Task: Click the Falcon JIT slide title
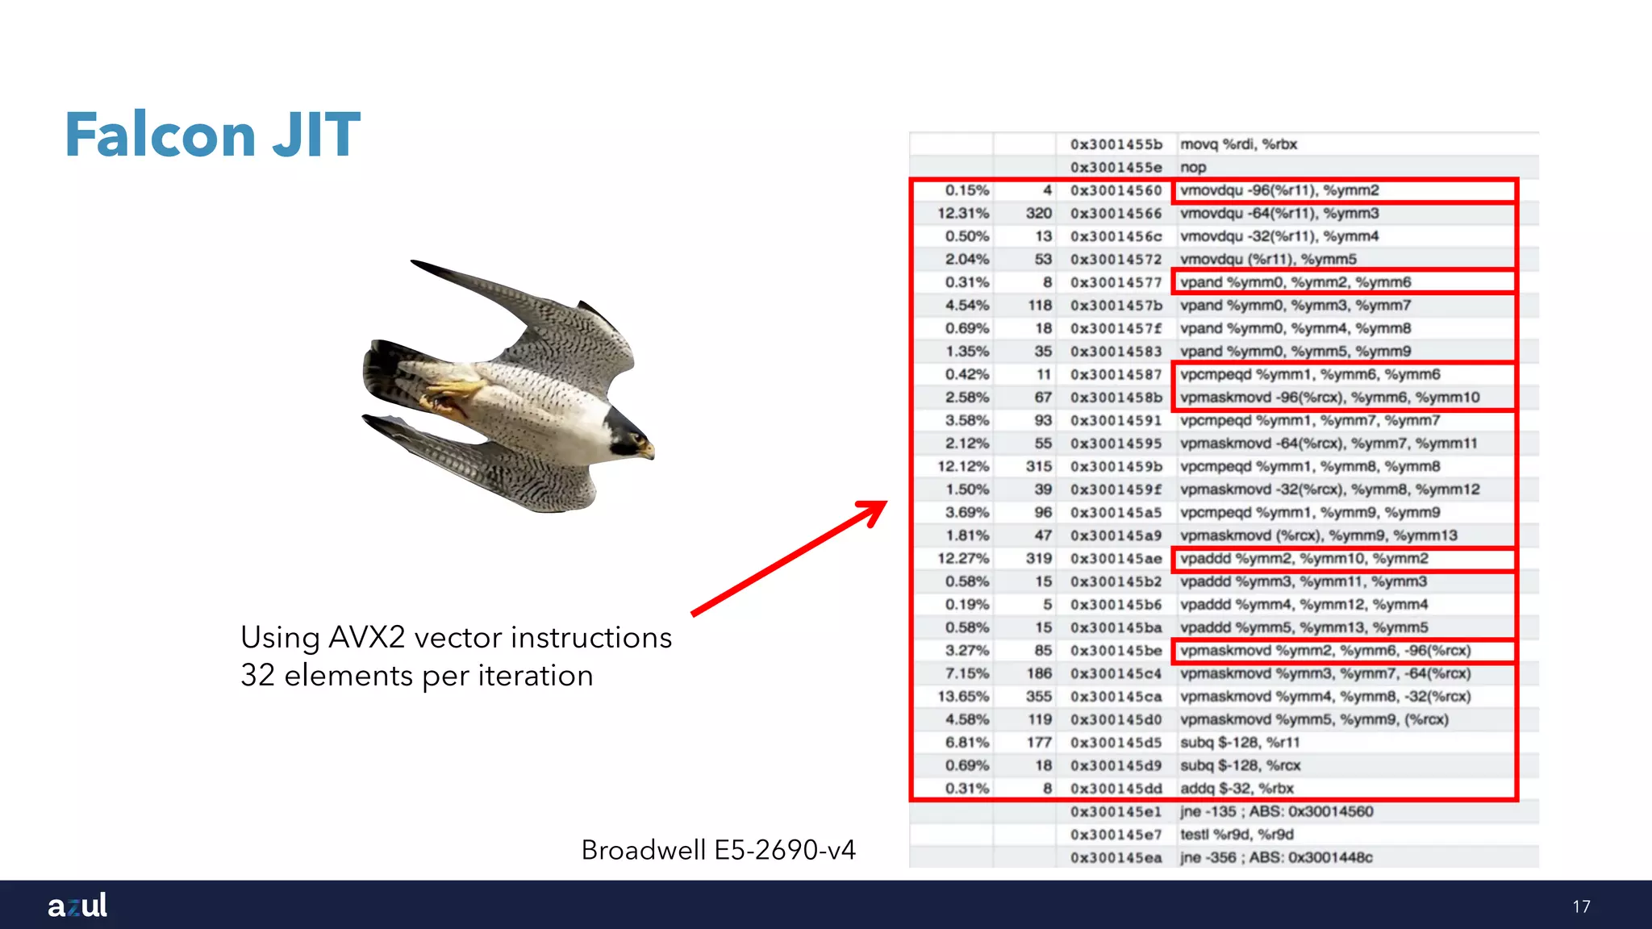pyautogui.click(x=212, y=135)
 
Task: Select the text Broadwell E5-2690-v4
pyautogui.click(x=718, y=850)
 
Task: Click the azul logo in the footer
pyautogui.click(x=77, y=905)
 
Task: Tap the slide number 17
pyautogui.click(x=1581, y=906)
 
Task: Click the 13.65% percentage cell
pyautogui.click(x=963, y=697)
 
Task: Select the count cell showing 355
pyautogui.click(x=1039, y=697)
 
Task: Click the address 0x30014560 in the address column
pyautogui.click(x=1116, y=191)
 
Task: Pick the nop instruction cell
pyautogui.click(x=1193, y=168)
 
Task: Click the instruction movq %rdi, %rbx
pyautogui.click(x=1238, y=144)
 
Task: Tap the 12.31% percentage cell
pyautogui.click(x=963, y=214)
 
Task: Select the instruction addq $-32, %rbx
pyautogui.click(x=1237, y=789)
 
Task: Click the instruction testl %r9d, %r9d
pyautogui.click(x=1237, y=835)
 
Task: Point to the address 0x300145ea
pyautogui.click(x=1116, y=858)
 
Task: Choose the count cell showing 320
pyautogui.click(x=1039, y=214)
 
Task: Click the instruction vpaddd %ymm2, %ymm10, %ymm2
pyautogui.click(x=1304, y=559)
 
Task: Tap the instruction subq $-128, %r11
pyautogui.click(x=1240, y=743)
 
